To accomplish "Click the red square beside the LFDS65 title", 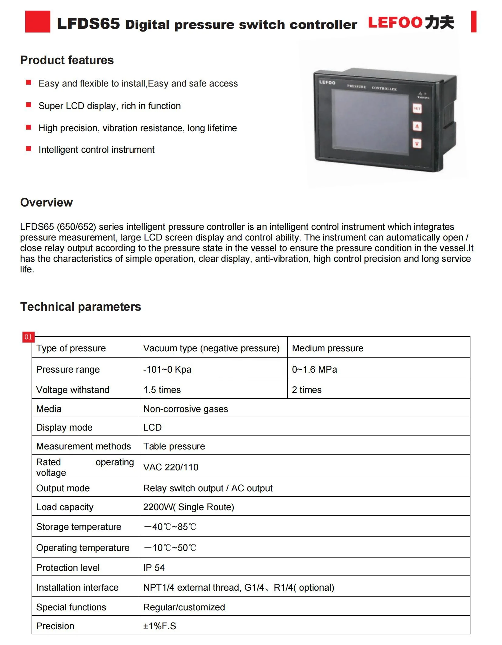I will coord(38,22).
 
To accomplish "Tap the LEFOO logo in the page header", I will coord(411,22).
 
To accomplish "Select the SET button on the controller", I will coord(417,108).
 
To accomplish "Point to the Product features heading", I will coord(67,60).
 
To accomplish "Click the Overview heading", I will coord(46,203).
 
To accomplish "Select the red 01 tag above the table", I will coord(28,337).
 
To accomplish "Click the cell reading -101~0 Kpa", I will coord(167,370).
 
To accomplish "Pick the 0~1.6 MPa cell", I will coord(314,370).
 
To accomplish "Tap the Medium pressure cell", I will coord(327,348).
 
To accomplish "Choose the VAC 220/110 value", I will coord(171,467).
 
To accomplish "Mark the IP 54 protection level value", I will coord(154,568).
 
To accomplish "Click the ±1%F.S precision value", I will coord(160,626).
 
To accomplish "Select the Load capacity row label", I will coord(65,507).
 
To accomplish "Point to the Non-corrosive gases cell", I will coord(185,409).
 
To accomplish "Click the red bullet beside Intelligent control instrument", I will coord(29,148).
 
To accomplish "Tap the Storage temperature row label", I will coord(79,527).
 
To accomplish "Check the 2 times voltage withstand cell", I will coord(307,390).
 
